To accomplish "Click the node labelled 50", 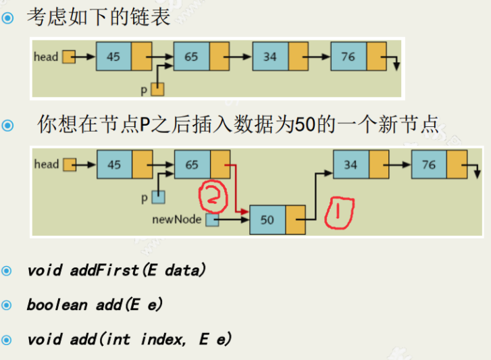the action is [278, 220].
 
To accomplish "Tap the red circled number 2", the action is [213, 197].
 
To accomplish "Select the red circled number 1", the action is [339, 213].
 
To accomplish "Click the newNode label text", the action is [176, 220].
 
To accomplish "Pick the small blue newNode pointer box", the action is [212, 220].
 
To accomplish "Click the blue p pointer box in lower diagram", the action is [159, 197].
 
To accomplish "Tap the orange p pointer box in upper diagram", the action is [157, 89].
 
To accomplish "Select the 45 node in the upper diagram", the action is [124, 56].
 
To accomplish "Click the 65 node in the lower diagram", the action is [203, 164].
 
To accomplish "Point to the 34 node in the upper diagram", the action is [280, 56].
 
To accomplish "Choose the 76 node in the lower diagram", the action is [439, 164].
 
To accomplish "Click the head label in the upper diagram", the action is [46, 57].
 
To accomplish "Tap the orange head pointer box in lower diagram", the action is [70, 165].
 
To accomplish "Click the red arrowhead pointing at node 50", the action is [245, 212].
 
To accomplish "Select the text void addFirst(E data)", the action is [116, 270].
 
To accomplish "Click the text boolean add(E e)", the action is [95, 305].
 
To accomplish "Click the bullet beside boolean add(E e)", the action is [7, 305].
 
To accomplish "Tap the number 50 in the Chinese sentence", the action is [305, 124].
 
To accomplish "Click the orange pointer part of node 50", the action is [295, 220].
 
